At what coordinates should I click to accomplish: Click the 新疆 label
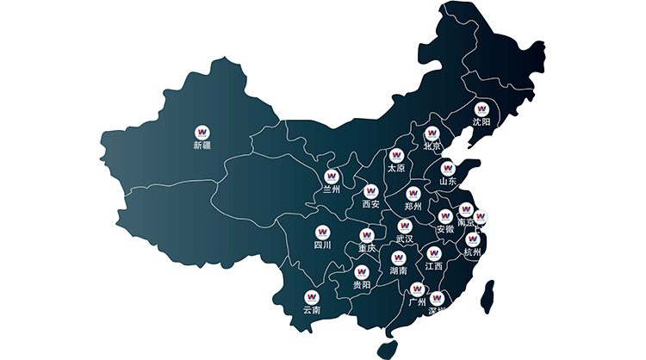[202, 146]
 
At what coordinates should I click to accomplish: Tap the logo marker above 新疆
[202, 132]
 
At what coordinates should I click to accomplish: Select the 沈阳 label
[481, 123]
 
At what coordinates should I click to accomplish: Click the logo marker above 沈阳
[481, 109]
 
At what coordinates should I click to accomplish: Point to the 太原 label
[396, 169]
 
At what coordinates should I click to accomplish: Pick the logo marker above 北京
[432, 133]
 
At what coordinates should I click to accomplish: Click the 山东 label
[447, 182]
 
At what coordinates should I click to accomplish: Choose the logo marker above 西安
[371, 190]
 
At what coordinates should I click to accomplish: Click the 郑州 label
[413, 207]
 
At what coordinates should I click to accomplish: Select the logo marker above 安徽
[445, 215]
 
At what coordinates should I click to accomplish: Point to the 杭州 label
[473, 253]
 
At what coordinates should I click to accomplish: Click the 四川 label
[323, 245]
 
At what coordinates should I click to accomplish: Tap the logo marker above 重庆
[367, 233]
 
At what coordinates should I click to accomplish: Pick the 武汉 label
[404, 239]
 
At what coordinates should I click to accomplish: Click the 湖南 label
[399, 271]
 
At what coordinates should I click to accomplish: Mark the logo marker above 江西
[433, 253]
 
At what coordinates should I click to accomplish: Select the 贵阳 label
[362, 285]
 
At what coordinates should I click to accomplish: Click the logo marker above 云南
[312, 295]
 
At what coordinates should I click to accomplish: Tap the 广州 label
[417, 302]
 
